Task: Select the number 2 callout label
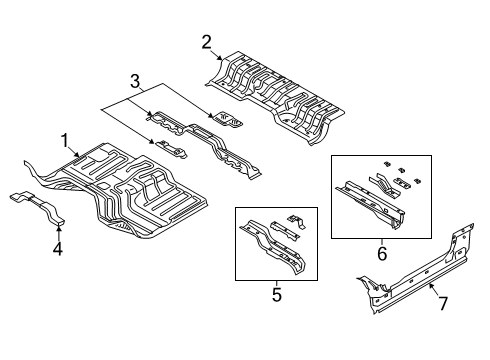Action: [x=206, y=41]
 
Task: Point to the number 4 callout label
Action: [x=57, y=249]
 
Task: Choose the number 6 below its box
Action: [x=380, y=254]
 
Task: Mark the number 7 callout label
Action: [x=445, y=301]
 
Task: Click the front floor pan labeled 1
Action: [x=140, y=195]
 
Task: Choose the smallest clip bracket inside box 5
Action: [x=295, y=221]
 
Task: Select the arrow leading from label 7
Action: [x=433, y=291]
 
